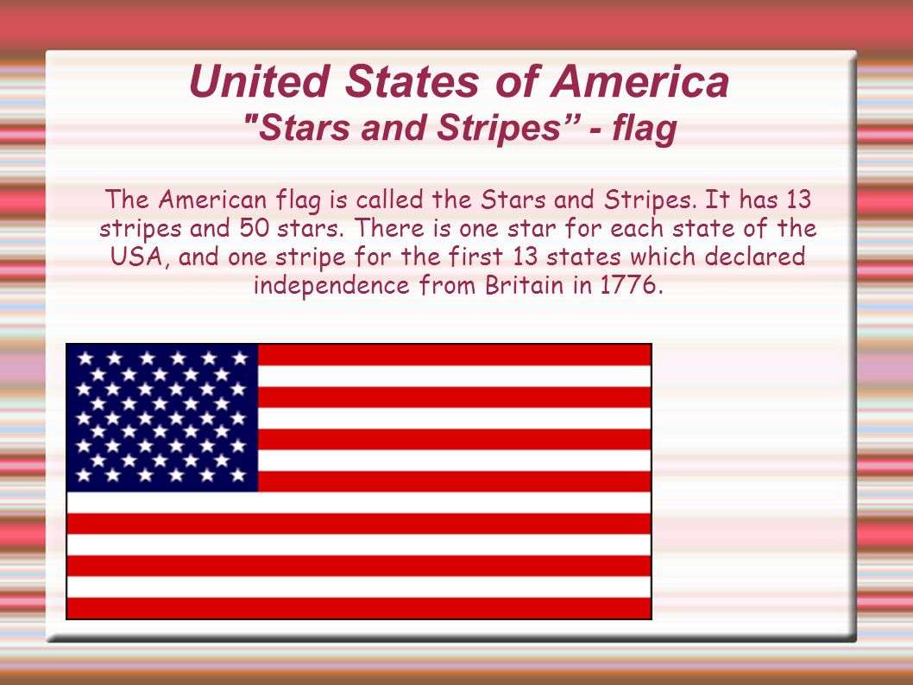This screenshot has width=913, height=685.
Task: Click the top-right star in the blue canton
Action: [240, 357]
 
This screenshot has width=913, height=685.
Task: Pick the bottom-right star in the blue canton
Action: [240, 475]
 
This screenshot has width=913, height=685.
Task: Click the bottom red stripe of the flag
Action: [358, 608]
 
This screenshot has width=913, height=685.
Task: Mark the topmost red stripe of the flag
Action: [453, 354]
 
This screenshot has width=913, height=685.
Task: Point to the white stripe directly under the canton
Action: [358, 503]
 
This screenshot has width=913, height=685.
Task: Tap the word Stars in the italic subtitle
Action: [296, 129]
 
